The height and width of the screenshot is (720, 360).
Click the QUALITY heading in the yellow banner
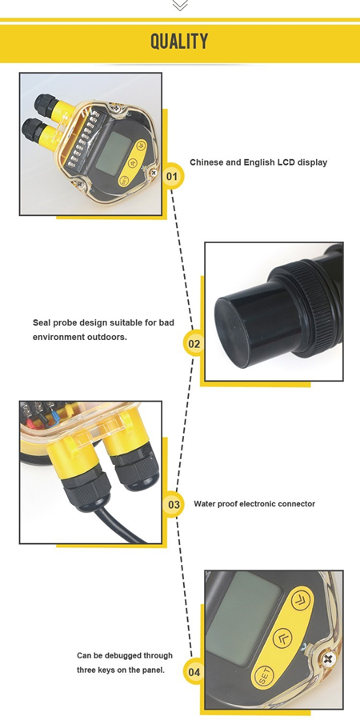pos(179,42)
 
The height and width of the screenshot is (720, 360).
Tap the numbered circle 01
pos(172,176)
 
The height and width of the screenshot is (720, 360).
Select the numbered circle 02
pos(194,344)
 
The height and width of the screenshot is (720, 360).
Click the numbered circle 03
pos(174,505)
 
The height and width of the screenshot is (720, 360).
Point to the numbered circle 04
pos(194,672)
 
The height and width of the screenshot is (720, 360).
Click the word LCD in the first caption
pos(285,162)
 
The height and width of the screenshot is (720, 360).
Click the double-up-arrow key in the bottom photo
pos(282,638)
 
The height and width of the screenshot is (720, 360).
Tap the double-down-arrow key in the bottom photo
pos(302,600)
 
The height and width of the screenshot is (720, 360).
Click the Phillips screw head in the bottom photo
pos(328,660)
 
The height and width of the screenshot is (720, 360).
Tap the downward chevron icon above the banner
pos(180,5)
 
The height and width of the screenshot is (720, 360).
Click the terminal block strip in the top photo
pos(82,138)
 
